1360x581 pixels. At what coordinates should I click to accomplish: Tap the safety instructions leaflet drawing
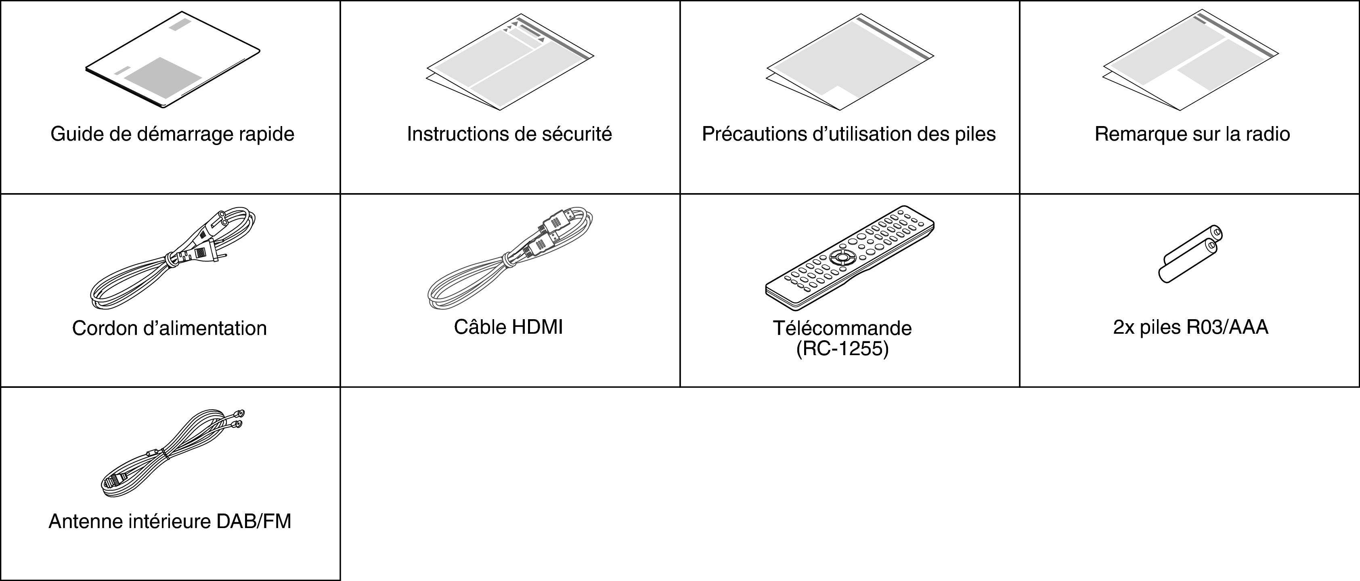tap(509, 62)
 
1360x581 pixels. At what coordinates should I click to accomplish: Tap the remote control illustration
tap(849, 257)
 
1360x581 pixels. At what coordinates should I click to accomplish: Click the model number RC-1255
tap(842, 349)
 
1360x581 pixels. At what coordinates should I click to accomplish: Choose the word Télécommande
tap(842, 328)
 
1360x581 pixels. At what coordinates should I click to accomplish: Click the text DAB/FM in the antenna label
tap(254, 521)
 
